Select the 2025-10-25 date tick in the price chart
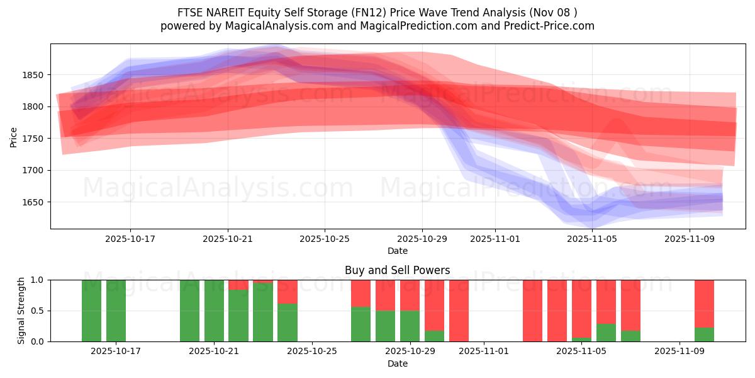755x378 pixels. (325, 239)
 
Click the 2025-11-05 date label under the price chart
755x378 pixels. (592, 239)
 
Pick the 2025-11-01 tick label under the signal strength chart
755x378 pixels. (484, 351)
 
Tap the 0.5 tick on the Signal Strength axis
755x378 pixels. (38, 311)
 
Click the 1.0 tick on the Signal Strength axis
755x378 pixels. (38, 280)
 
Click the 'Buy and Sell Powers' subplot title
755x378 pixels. (397, 270)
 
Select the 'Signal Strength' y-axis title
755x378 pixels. (21, 310)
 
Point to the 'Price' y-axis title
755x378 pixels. (14, 136)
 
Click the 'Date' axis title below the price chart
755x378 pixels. (397, 251)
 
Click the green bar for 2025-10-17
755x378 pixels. (116, 311)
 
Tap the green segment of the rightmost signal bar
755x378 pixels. (704, 335)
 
